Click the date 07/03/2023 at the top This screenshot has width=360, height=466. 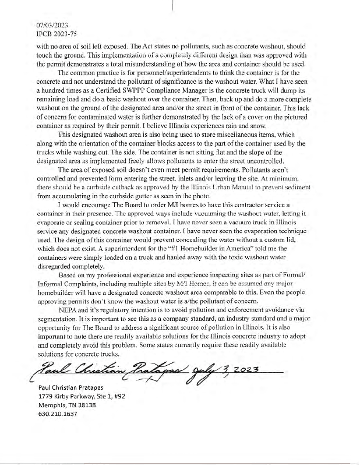coord(53,26)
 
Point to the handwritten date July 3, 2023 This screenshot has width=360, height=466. coord(221,368)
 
